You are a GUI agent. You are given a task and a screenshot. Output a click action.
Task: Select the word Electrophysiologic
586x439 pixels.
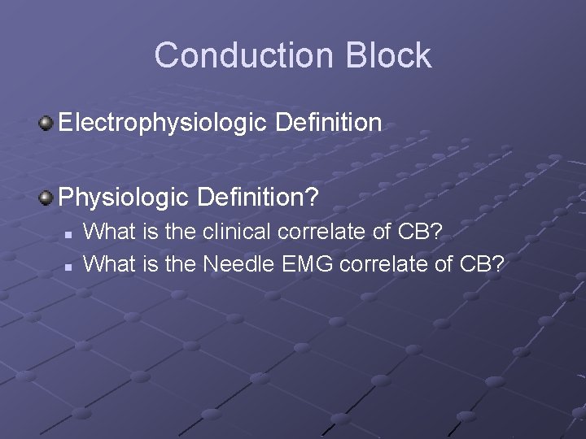point(164,124)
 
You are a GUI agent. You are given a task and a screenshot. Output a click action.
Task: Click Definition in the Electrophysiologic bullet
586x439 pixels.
point(328,124)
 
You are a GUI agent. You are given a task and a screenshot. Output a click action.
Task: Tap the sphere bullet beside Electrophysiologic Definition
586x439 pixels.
point(46,124)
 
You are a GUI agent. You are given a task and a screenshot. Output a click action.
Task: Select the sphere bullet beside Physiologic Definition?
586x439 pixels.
point(46,197)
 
